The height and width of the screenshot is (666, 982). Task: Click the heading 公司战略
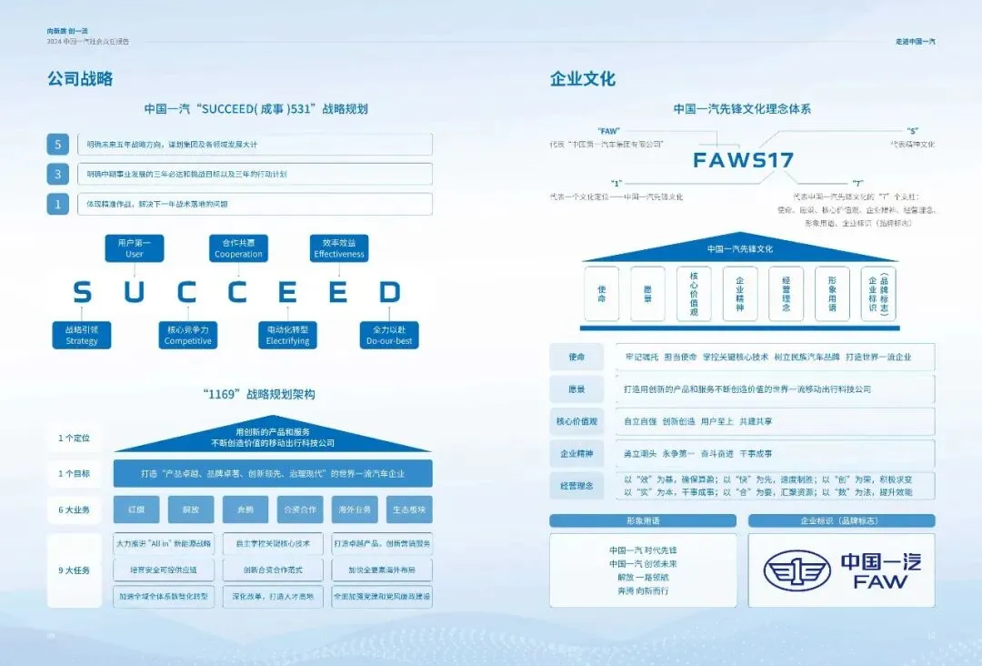[80, 79]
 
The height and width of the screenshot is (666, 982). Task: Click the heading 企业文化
[582, 79]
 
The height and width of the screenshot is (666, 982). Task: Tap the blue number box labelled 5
[58, 144]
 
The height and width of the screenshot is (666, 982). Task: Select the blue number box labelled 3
[58, 174]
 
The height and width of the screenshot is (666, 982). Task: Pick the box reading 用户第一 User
[135, 248]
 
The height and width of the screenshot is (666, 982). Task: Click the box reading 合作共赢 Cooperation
[238, 248]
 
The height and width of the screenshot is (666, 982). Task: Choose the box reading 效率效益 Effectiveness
[339, 248]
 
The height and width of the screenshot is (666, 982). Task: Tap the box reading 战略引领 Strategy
[82, 335]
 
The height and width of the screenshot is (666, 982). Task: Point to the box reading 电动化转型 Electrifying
[288, 335]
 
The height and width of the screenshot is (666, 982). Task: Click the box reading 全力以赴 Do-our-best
[390, 335]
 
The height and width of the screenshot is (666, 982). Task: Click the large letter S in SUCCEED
[82, 292]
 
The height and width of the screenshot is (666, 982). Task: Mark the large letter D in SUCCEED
[390, 292]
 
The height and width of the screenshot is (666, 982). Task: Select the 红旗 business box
[136, 510]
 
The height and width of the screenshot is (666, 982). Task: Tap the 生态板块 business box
[408, 510]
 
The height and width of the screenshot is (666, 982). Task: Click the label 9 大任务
[75, 570]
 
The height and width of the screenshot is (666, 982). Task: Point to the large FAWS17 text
[743, 160]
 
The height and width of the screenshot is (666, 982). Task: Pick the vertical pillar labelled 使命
[601, 294]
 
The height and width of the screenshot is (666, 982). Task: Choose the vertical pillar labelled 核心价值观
[694, 294]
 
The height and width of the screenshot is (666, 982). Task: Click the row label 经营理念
[576, 486]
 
